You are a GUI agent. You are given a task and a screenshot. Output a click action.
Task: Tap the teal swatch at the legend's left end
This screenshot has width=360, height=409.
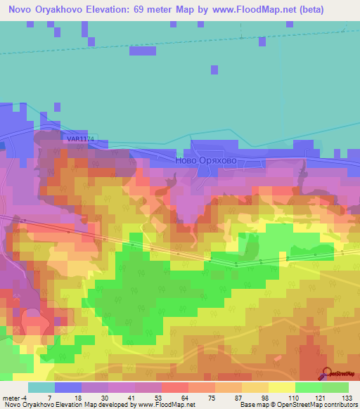tap(41, 387)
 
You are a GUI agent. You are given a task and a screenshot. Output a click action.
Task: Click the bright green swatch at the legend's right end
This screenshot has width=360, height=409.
tap(335, 387)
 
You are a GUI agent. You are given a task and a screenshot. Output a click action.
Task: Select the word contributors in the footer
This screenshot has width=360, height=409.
tap(337, 405)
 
